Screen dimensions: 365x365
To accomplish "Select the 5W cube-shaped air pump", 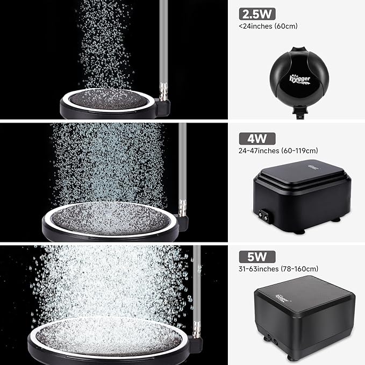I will (x=304, y=317).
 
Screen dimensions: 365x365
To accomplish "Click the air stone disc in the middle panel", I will (x=111, y=218).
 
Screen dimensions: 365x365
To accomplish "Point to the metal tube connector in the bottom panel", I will (x=197, y=329).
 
